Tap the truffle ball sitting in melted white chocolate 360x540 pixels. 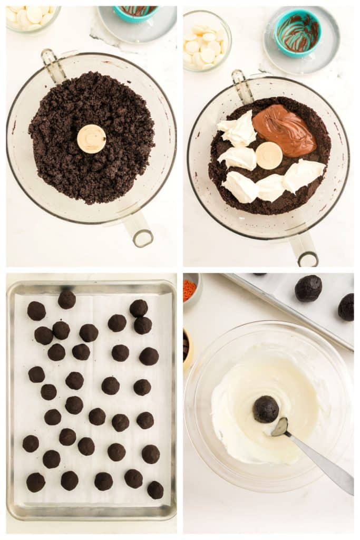coord(266,409)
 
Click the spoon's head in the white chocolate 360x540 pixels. coord(280,427)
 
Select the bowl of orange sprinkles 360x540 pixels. coord(190,290)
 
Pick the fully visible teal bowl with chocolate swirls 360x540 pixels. coord(298,33)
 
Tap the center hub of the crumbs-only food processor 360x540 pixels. coord(91,139)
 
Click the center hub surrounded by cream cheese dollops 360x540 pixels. coord(269,156)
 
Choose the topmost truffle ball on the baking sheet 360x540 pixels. coord(66,300)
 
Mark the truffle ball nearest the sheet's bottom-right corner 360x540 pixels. coord(155,490)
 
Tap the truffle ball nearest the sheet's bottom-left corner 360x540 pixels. coord(35,482)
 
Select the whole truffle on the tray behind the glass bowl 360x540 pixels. coord(308,288)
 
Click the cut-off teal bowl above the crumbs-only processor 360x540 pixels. coord(135,13)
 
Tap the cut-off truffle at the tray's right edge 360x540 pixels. coord(346,307)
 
